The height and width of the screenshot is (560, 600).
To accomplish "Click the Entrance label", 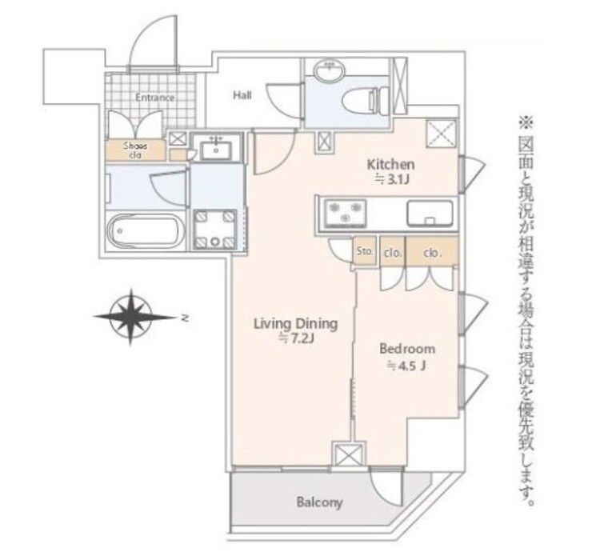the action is (x=155, y=98).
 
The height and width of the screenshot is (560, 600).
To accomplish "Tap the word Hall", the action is (x=242, y=95).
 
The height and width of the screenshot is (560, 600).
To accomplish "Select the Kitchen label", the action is (x=390, y=165).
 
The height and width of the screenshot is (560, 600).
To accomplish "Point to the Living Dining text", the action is (x=296, y=324).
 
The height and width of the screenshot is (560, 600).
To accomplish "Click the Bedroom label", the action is (x=407, y=349).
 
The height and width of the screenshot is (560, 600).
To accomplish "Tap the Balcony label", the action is (x=319, y=502).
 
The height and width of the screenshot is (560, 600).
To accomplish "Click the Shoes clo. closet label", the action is (x=135, y=150).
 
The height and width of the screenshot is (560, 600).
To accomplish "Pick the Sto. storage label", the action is (x=364, y=251).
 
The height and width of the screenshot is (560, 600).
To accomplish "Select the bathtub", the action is (x=146, y=231).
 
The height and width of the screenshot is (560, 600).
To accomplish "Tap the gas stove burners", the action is (x=345, y=213).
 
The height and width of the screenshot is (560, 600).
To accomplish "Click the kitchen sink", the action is (x=430, y=213).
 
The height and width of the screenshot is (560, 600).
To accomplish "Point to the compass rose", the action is (x=131, y=317).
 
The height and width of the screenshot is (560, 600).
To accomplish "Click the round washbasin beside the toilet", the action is (x=330, y=70).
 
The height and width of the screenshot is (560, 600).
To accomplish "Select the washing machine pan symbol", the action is (x=214, y=230).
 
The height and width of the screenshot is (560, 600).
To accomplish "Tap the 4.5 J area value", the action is (x=406, y=366).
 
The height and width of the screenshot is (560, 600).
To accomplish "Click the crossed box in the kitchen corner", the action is (x=442, y=134).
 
